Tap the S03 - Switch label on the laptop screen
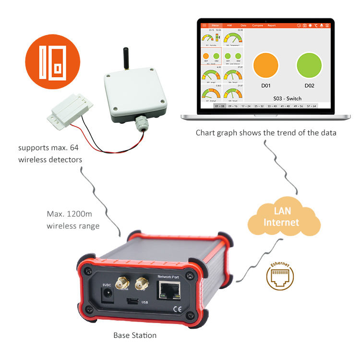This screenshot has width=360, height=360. pos(288,98)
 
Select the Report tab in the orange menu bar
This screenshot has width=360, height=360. pos(271,25)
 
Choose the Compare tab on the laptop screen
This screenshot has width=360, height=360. pos(257,25)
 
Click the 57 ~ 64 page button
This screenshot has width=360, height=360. pos(311,106)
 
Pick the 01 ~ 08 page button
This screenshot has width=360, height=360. pos(220,106)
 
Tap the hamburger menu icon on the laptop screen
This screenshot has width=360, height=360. pos(204,25)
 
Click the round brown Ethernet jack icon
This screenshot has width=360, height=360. pos(280,277)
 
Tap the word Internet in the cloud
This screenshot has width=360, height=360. pos(281,222)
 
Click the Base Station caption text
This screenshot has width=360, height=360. pos(135,335)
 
